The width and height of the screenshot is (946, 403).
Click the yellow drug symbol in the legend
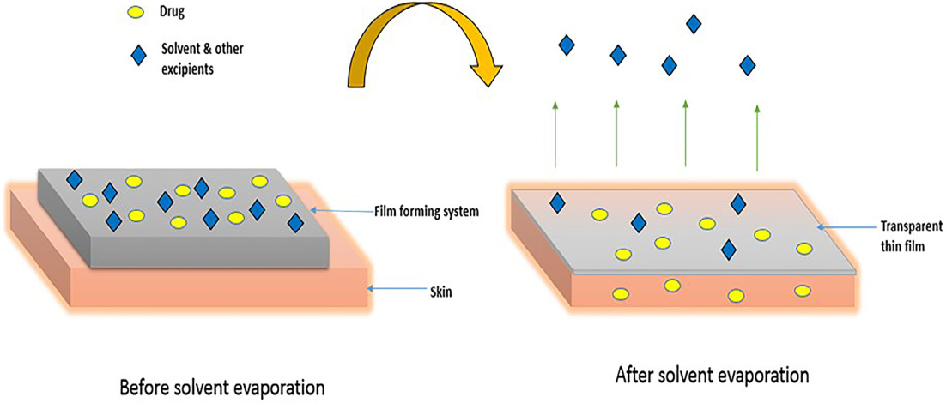pos(135,13)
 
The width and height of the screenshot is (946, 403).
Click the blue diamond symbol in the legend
pos(135,56)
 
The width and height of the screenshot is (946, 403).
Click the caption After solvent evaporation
pos(713,376)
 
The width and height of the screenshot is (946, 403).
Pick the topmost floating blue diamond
pos(694,24)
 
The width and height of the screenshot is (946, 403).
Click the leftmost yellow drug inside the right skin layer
pos(619,294)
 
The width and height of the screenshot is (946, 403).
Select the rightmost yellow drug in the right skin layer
pos(802,291)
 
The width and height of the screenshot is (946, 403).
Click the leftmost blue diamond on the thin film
pos(557,202)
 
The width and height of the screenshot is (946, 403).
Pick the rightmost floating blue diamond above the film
pos(748,65)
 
